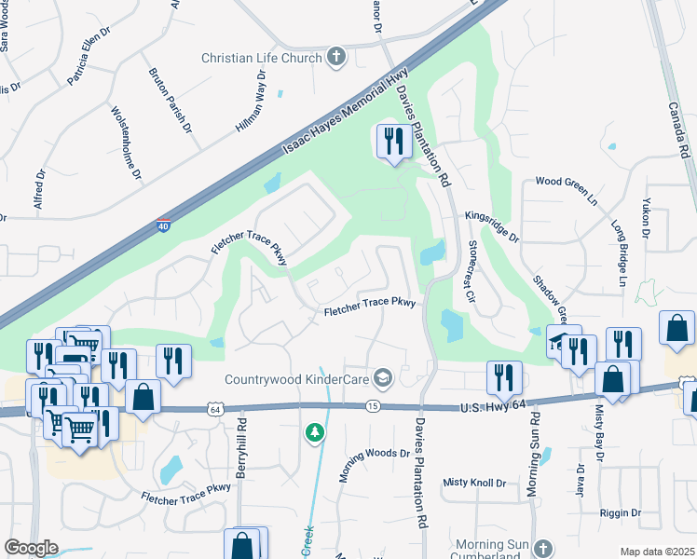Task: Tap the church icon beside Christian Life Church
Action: click(x=335, y=58)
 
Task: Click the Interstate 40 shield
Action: click(x=163, y=225)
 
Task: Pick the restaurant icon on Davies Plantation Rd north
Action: click(x=393, y=142)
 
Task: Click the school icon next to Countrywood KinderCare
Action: click(x=381, y=377)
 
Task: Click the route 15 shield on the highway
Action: click(x=373, y=406)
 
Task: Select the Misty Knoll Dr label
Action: click(x=473, y=482)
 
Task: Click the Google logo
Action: click(x=31, y=547)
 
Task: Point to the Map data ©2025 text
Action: click(x=657, y=552)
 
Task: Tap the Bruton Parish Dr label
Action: click(x=171, y=100)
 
